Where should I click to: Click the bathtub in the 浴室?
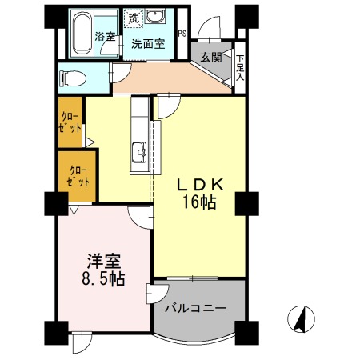pyautogui.click(x=82, y=33)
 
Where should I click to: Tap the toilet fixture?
pyautogui.click(x=73, y=78)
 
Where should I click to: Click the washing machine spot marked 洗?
pyautogui.click(x=134, y=18)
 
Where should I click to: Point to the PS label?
pyautogui.click(x=182, y=34)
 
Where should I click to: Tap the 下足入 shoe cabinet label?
pyautogui.click(x=240, y=67)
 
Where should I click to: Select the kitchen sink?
pyautogui.click(x=139, y=152)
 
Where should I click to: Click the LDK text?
pyautogui.click(x=200, y=185)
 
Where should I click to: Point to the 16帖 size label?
pyautogui.click(x=199, y=202)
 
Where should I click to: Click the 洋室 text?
pyautogui.click(x=103, y=262)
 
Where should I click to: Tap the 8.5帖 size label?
pyautogui.click(x=103, y=278)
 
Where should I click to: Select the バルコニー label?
pyautogui.click(x=196, y=309)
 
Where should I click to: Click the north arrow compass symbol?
pyautogui.click(x=301, y=319)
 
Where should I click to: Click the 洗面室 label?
pyautogui.click(x=148, y=44)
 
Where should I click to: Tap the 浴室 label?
pyautogui.click(x=105, y=36)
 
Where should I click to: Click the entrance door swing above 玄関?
pyautogui.click(x=209, y=28)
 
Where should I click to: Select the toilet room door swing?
pyautogui.click(x=121, y=73)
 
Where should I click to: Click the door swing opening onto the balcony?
pyautogui.click(x=158, y=294)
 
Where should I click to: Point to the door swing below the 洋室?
pyautogui.click(x=82, y=342)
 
